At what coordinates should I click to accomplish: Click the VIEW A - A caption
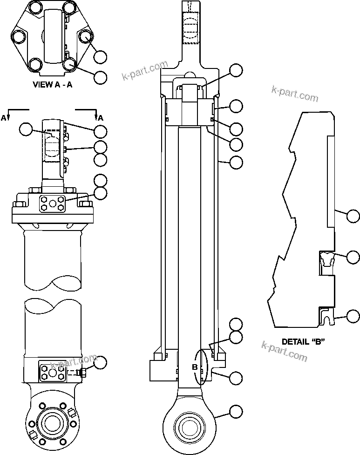coord(52,85)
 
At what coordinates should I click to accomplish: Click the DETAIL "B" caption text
coord(303,341)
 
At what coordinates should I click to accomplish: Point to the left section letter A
coord(4,118)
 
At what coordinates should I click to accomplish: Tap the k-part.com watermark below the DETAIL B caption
coord(285,352)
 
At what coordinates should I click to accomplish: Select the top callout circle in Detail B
coord(353,215)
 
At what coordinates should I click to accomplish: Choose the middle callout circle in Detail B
coord(353,257)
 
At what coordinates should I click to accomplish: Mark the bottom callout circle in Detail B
coord(353,317)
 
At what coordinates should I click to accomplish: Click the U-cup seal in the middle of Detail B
coord(326,258)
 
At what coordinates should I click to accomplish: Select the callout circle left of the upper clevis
coord(27,129)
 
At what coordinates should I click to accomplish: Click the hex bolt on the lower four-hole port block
coord(84,373)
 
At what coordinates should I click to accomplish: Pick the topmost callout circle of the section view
coord(237,70)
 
